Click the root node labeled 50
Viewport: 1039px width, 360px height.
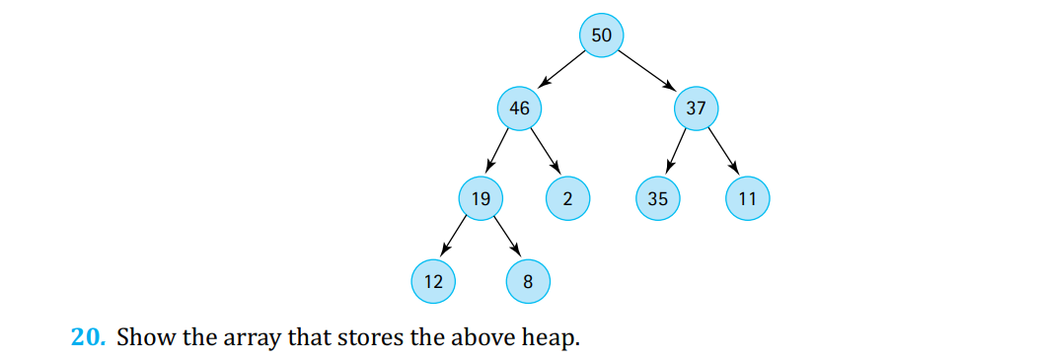click(601, 36)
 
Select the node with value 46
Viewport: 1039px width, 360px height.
click(519, 108)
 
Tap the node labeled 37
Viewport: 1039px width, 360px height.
click(696, 108)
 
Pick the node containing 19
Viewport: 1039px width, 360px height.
click(481, 198)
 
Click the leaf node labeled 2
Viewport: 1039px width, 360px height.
click(566, 198)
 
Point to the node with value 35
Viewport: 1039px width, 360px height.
click(657, 198)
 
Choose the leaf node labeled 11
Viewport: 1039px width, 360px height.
click(747, 198)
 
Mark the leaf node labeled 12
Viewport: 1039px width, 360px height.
click(433, 282)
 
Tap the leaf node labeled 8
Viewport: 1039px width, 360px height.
click(527, 282)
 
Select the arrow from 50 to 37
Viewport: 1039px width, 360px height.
click(648, 71)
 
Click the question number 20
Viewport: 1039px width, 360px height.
click(87, 337)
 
